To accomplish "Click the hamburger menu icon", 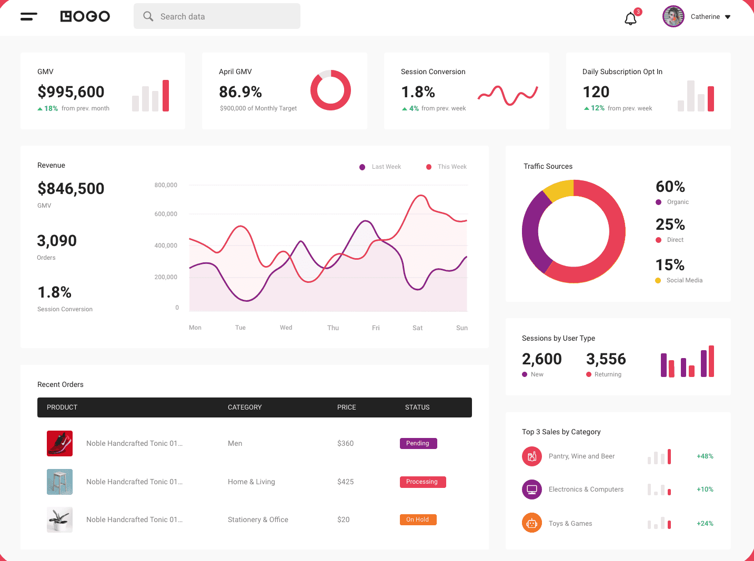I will click(x=28, y=17).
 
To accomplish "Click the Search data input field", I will click(x=217, y=16).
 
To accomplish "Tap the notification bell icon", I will click(x=630, y=19).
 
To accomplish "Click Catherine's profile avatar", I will click(x=673, y=17).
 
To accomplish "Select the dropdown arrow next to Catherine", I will click(x=728, y=17).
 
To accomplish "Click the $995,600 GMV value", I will click(x=71, y=91).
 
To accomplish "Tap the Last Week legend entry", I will click(x=380, y=167).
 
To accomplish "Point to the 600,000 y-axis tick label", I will click(x=166, y=214).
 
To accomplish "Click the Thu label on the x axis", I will click(x=333, y=328).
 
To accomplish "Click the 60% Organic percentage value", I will click(x=670, y=187).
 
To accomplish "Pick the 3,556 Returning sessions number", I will click(x=606, y=359).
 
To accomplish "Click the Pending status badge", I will click(x=418, y=443).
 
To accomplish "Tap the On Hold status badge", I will click(x=418, y=519).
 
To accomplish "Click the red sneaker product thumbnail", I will click(x=59, y=443).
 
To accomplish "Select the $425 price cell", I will click(x=345, y=482).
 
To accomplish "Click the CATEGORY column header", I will click(x=245, y=407).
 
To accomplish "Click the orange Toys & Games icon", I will click(x=531, y=523).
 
